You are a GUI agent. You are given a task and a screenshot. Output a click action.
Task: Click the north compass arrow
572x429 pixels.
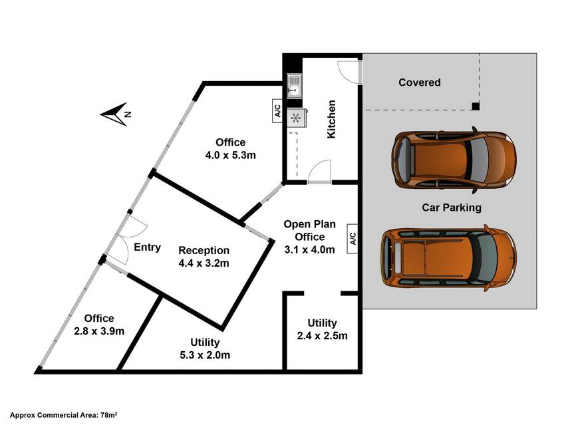point(116,114)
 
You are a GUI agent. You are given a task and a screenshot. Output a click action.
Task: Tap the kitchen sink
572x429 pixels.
point(294,86)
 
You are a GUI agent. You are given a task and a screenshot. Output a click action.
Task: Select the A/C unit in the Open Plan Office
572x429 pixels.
point(353,239)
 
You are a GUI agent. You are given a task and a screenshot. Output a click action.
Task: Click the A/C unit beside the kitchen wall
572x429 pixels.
point(277,110)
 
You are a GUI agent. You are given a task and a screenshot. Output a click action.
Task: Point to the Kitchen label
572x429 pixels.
point(331,119)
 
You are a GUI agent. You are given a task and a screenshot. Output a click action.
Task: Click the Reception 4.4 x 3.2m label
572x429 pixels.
point(204,257)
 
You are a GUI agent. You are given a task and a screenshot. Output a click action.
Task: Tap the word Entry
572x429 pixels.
point(147,247)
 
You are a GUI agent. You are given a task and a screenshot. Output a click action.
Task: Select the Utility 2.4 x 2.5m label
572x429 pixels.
point(322,329)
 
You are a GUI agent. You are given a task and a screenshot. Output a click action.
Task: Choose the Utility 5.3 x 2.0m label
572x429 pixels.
point(205,349)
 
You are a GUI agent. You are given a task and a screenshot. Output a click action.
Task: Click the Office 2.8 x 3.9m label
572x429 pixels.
point(99,325)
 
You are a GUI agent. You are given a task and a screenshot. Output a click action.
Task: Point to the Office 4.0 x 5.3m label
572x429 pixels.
point(231,148)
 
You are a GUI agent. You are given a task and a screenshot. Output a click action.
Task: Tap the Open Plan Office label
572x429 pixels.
point(310,237)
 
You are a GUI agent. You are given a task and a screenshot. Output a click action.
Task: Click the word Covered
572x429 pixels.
point(420,82)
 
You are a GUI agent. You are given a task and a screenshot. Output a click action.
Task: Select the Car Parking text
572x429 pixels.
point(452,208)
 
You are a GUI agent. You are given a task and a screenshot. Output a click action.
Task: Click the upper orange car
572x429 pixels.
point(454,160)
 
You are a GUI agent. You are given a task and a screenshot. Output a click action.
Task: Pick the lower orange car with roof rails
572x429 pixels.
point(449,258)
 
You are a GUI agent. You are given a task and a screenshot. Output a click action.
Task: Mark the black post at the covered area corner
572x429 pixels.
point(476,106)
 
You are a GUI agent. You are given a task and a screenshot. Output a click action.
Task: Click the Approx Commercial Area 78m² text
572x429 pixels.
point(63,415)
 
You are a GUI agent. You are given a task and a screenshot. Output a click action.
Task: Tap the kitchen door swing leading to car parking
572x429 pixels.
point(349,72)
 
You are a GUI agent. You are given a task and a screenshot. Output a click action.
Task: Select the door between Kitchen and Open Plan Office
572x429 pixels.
point(319,172)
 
